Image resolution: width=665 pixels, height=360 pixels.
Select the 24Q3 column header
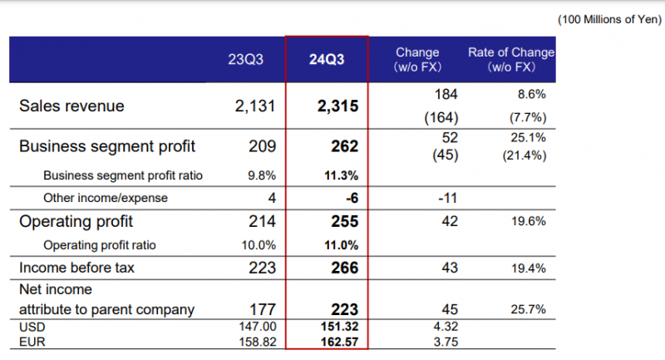point(327,59)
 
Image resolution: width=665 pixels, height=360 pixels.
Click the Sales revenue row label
point(71,106)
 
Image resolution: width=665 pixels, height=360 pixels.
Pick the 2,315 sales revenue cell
point(337,106)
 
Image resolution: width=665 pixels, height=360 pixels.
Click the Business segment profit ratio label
point(123,175)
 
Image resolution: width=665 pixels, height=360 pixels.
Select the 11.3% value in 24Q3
point(342,175)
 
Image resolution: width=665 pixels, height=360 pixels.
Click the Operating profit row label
point(76,222)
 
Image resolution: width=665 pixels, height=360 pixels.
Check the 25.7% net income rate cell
point(528,310)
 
